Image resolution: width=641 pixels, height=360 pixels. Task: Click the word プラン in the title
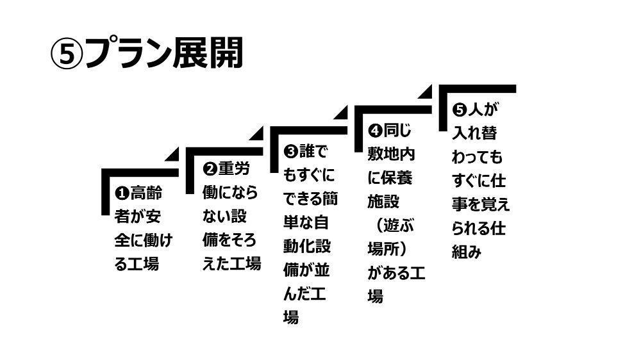click(x=128, y=53)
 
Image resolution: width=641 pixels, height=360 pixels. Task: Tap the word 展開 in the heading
click(x=208, y=53)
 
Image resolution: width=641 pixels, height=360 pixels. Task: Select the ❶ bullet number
click(x=122, y=192)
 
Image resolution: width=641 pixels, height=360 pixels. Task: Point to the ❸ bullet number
click(x=290, y=152)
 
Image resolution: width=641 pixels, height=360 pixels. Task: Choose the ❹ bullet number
click(x=375, y=131)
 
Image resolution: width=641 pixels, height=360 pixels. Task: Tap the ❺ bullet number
click(x=459, y=110)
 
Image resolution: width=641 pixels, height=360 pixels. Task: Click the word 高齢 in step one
click(x=146, y=192)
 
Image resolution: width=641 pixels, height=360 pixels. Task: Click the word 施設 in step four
click(x=383, y=201)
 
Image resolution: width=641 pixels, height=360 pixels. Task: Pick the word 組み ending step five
click(x=467, y=252)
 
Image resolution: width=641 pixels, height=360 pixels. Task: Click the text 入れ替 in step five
click(x=474, y=133)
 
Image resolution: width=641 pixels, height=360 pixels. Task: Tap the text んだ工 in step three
click(x=304, y=294)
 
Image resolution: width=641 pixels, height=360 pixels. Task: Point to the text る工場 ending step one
click(x=137, y=263)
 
